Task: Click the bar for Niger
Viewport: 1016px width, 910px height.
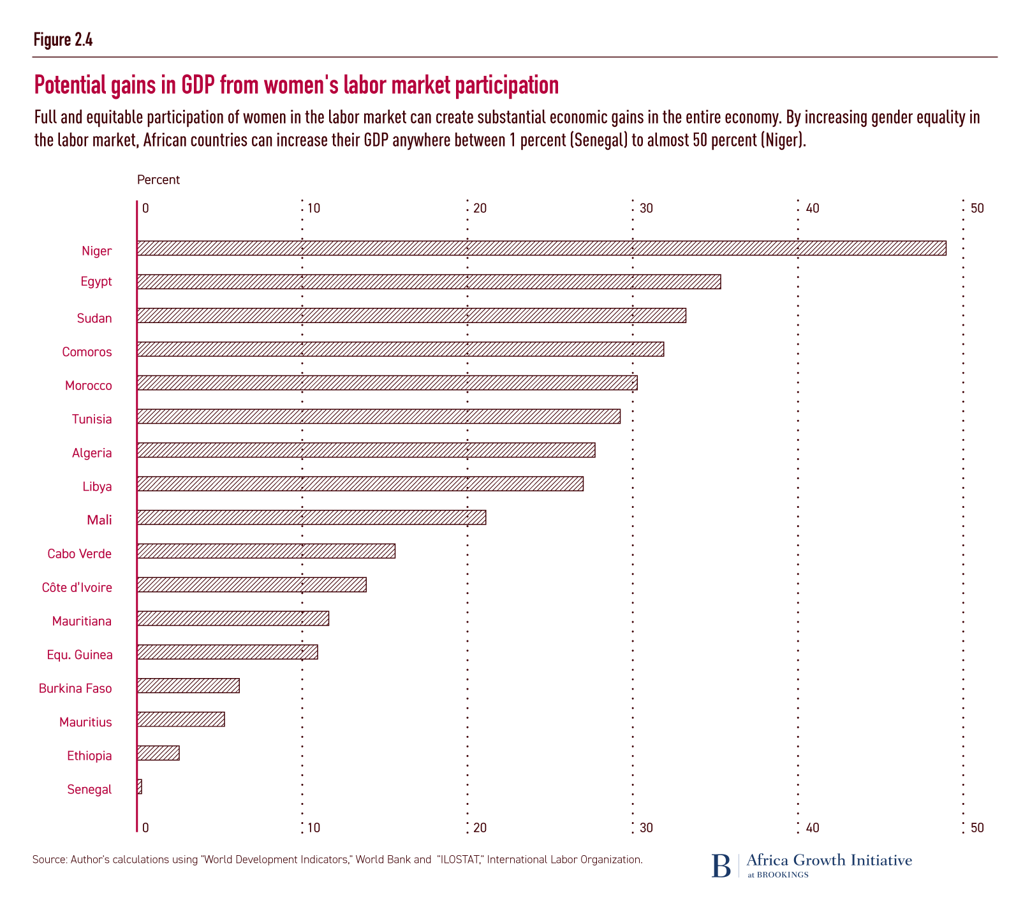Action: [x=541, y=249]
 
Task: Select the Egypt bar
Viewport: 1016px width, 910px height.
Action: [x=429, y=282]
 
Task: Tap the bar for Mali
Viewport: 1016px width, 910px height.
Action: [x=311, y=517]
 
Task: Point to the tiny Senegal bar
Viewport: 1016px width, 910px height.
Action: [x=140, y=787]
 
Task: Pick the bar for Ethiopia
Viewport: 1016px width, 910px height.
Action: [x=158, y=753]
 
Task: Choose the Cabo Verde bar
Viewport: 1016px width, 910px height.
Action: [x=266, y=551]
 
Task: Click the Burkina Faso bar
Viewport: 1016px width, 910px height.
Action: [x=188, y=686]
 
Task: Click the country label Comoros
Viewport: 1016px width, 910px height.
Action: [x=87, y=352]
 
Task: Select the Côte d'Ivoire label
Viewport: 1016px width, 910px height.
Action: [x=77, y=588]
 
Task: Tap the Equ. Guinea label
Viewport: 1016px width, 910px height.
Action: [x=79, y=655]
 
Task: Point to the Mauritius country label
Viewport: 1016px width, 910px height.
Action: [x=85, y=723]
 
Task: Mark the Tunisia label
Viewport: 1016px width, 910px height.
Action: [x=92, y=419]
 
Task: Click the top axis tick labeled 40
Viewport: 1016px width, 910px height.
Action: [x=812, y=208]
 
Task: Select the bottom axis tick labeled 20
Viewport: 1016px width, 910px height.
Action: [x=480, y=828]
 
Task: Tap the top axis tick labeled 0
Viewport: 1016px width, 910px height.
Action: [x=145, y=208]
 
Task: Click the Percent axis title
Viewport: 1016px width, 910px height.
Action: [x=158, y=180]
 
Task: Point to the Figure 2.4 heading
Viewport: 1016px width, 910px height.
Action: [x=63, y=40]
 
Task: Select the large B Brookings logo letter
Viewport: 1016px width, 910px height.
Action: [x=721, y=865]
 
